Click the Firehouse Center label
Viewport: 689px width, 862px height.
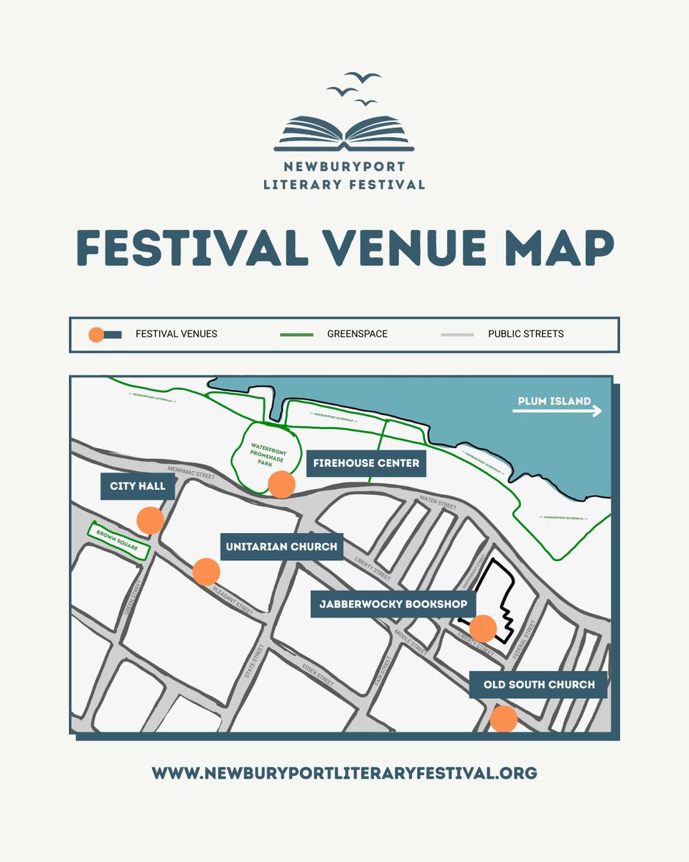[x=366, y=463]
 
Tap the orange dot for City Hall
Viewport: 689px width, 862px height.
[x=150, y=519]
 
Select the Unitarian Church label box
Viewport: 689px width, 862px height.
[x=281, y=547]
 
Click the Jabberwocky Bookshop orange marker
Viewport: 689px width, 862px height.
[x=482, y=628]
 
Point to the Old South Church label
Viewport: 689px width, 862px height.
[x=539, y=685]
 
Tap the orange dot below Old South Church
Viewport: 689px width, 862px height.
[x=503, y=718]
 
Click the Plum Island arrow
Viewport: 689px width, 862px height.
[x=557, y=412]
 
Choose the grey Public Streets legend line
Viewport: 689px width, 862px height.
[x=457, y=335]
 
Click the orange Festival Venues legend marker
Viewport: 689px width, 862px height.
[x=96, y=335]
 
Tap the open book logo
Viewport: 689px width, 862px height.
[x=344, y=134]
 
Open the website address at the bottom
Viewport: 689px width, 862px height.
[x=344, y=773]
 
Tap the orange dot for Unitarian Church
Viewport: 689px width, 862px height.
[x=206, y=571]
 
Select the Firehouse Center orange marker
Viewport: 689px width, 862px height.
[x=281, y=485]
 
